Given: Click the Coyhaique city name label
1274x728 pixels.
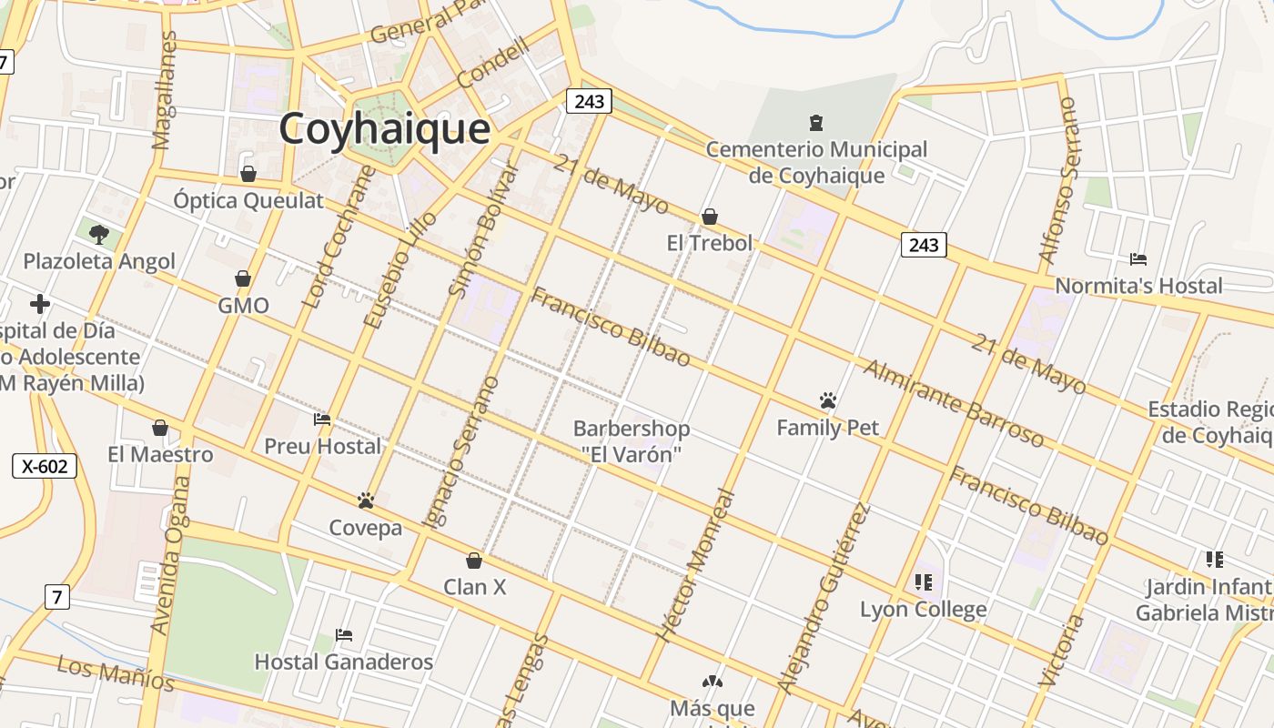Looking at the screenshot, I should pyautogui.click(x=384, y=128).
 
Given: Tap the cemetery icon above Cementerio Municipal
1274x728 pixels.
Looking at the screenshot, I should pyautogui.click(x=815, y=122).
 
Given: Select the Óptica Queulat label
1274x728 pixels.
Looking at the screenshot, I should pyautogui.click(x=248, y=200).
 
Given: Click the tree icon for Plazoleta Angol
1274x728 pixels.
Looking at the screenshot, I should pyautogui.click(x=99, y=235).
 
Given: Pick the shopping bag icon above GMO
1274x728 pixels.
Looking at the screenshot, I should pyautogui.click(x=243, y=278).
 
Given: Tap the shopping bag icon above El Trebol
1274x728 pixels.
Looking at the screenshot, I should pyautogui.click(x=710, y=217).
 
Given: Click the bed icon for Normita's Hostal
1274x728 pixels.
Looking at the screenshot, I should pyautogui.click(x=1137, y=259).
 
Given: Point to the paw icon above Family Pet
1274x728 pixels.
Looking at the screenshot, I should pyautogui.click(x=827, y=400).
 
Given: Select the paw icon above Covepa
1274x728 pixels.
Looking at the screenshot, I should pyautogui.click(x=366, y=500).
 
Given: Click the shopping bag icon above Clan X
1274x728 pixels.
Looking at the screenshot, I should pyautogui.click(x=474, y=561).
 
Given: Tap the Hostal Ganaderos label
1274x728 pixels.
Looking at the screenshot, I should pyautogui.click(x=343, y=662).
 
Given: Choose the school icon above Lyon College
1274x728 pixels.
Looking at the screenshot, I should pyautogui.click(x=924, y=582).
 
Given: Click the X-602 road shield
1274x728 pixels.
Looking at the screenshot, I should pyautogui.click(x=45, y=467).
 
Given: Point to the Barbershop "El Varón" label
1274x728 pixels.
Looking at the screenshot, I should pyautogui.click(x=631, y=440).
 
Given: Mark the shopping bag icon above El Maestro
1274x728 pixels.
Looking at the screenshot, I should pyautogui.click(x=160, y=428).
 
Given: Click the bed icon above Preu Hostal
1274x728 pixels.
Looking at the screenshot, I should pyautogui.click(x=322, y=420).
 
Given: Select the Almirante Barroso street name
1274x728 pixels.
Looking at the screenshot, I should pyautogui.click(x=953, y=403).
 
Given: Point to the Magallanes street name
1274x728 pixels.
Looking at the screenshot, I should pyautogui.click(x=165, y=90).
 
